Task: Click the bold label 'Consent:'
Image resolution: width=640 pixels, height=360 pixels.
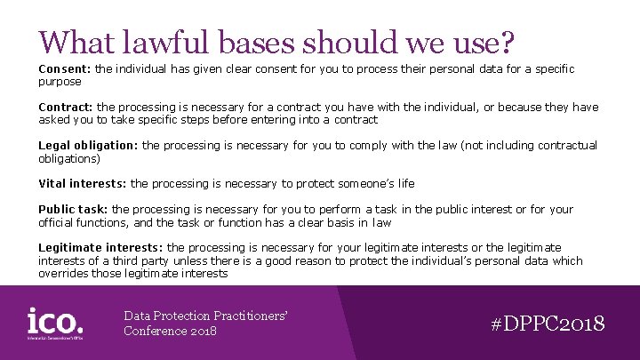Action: (x=64, y=68)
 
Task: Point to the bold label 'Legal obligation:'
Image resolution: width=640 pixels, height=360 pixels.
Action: (x=88, y=145)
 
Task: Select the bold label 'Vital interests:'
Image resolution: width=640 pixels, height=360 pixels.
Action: (x=83, y=184)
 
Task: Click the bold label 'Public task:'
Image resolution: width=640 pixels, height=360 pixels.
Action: (x=73, y=210)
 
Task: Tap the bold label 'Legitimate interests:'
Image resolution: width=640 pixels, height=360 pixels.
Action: (x=100, y=248)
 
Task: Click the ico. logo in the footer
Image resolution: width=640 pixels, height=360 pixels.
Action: (x=56, y=323)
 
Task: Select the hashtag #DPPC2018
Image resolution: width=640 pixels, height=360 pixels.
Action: (x=548, y=324)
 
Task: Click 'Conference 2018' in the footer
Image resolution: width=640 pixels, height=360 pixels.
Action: (x=170, y=332)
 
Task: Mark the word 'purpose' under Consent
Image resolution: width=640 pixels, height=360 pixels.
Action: (x=60, y=81)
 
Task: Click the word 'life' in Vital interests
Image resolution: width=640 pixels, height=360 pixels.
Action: (x=405, y=184)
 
